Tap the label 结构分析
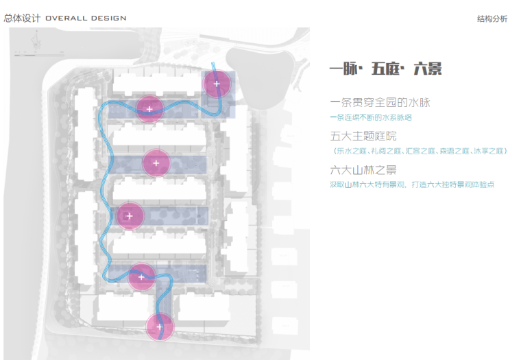coord(492,19)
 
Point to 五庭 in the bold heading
coord(387,69)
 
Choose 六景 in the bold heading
coord(428,69)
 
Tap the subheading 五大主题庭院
coord(363,136)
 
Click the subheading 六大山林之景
coord(363,169)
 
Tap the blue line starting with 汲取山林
coord(412,184)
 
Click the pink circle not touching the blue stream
coord(156,163)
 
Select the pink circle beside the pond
coord(217,84)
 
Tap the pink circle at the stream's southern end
coord(160,328)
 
